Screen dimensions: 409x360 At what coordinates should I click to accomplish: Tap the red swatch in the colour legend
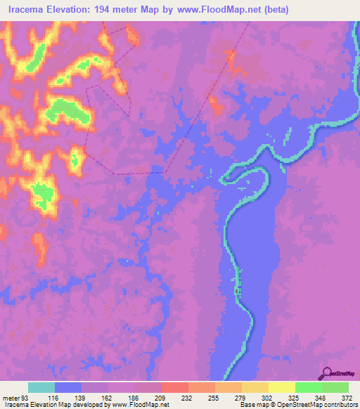click(x=175, y=387)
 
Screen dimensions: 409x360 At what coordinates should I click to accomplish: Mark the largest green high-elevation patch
click(x=67, y=110)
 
